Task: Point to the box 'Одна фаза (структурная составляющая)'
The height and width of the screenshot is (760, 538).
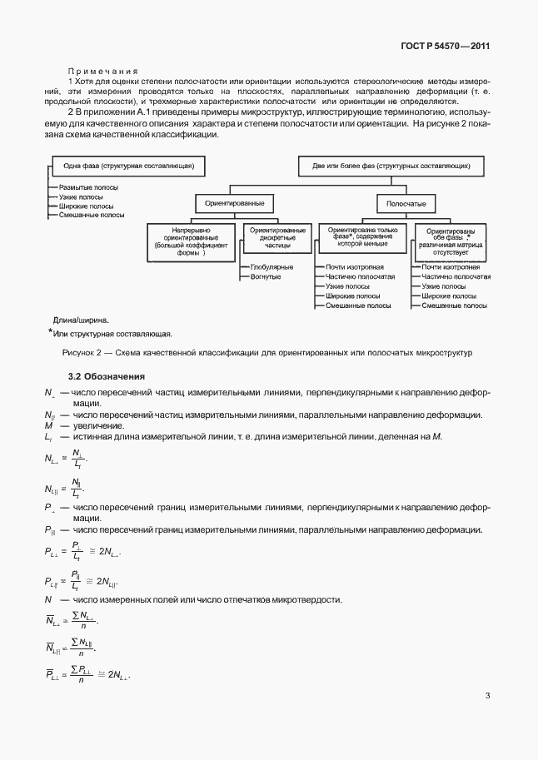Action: [128, 166]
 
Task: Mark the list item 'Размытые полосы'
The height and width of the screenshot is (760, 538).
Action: [89, 189]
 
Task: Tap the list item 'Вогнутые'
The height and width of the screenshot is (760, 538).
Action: [265, 276]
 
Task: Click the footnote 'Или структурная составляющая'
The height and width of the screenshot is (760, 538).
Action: [112, 334]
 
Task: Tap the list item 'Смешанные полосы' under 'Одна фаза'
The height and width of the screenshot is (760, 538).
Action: [92, 215]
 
